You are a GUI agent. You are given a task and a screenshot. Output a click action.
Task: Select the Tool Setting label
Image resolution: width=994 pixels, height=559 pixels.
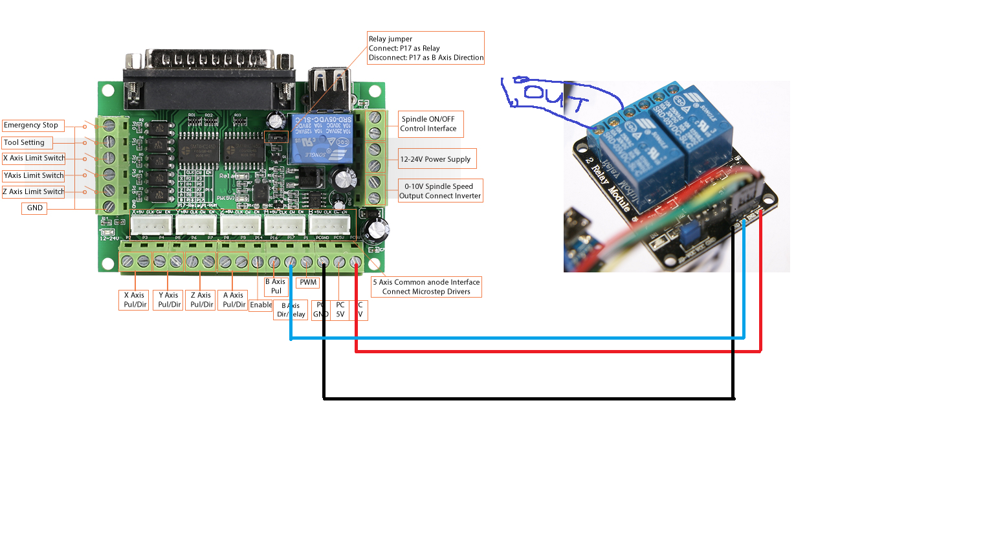point(26,143)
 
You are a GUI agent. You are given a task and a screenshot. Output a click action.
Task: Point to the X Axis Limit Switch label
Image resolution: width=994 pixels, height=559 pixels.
point(34,159)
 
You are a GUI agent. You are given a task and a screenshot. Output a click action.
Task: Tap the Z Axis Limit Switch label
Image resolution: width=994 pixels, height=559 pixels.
point(34,192)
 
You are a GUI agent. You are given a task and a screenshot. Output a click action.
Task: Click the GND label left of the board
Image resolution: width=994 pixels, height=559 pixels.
point(35,208)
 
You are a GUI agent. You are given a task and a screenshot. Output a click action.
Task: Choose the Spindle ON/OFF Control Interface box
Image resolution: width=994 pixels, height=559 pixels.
point(430,124)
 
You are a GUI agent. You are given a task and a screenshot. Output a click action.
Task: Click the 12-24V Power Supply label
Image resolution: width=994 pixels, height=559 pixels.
point(437,159)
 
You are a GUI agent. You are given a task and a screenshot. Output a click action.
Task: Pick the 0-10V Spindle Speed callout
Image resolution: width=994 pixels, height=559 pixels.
point(440,191)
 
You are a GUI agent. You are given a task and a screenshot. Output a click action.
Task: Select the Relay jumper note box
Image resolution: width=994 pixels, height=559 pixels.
point(426,49)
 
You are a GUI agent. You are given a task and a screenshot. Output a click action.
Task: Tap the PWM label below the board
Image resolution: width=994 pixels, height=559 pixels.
point(308,283)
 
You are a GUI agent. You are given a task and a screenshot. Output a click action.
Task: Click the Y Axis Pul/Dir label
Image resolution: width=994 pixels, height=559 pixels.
point(169,300)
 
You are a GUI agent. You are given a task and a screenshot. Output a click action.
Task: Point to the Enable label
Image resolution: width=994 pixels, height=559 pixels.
point(261,305)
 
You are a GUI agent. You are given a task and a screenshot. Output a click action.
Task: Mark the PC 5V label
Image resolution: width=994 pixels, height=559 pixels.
point(340,310)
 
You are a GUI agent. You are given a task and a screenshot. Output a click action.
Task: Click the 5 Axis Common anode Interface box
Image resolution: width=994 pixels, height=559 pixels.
point(426,287)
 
